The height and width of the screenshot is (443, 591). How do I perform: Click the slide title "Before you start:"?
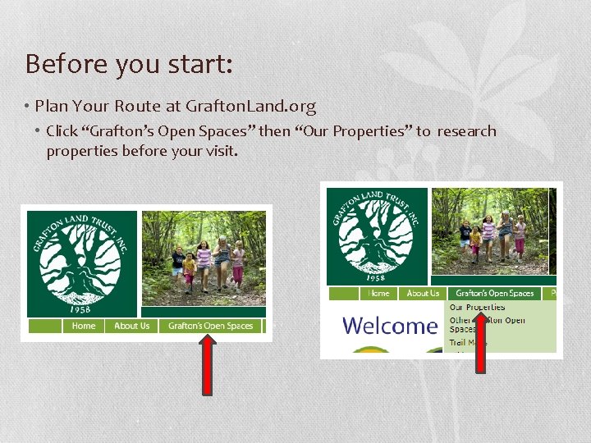tap(129, 63)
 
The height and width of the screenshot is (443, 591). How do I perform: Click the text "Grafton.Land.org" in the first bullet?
tap(250, 106)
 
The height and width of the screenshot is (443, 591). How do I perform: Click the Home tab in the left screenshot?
tap(84, 326)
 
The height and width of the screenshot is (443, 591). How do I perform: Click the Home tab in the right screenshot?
tap(378, 293)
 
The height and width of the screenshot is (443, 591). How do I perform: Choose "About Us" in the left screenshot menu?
tap(131, 326)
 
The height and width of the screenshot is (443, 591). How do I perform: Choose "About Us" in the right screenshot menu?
tap(423, 293)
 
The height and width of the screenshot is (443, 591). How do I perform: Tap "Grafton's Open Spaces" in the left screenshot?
tap(210, 326)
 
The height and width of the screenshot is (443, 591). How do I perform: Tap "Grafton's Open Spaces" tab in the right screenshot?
tap(494, 293)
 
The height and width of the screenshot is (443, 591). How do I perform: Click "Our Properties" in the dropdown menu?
tap(477, 307)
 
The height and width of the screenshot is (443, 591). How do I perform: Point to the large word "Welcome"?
tap(390, 326)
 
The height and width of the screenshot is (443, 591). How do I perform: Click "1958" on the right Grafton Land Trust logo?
tap(376, 276)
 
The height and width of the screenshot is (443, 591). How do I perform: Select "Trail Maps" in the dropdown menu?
tap(467, 343)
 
